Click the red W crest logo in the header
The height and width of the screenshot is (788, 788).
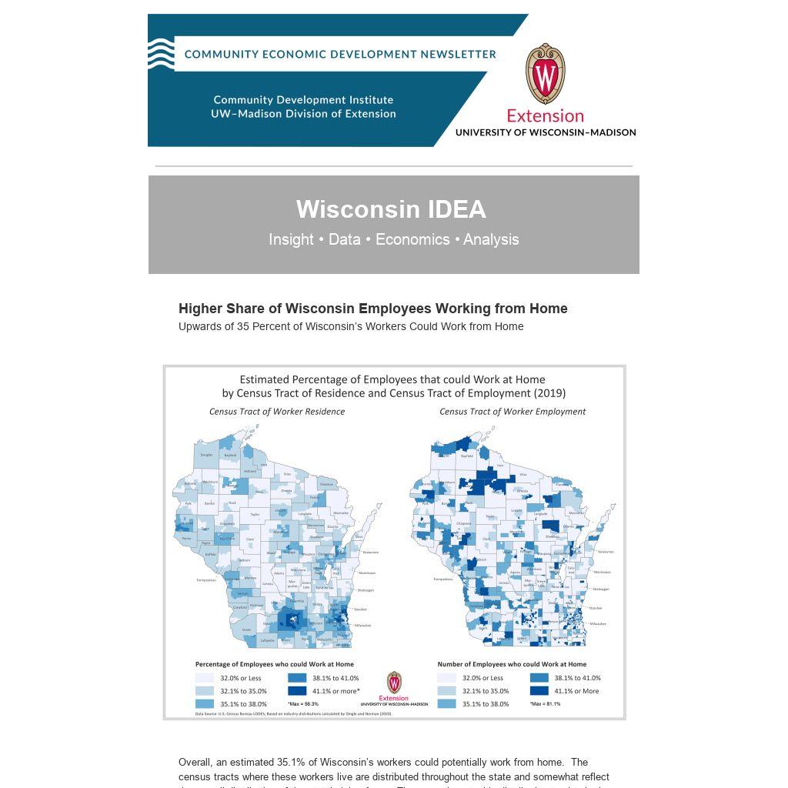[546, 74]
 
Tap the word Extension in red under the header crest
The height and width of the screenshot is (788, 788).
[545, 116]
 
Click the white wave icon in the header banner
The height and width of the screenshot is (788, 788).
[161, 54]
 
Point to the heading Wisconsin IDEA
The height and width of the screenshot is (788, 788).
[391, 209]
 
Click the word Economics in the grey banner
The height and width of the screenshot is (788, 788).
[412, 239]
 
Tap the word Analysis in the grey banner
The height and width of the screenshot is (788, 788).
[491, 239]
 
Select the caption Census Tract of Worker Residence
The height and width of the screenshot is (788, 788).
[277, 412]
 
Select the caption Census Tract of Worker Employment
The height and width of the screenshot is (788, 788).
[513, 412]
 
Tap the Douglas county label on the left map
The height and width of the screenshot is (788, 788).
[206, 455]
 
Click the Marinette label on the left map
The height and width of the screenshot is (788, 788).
[341, 512]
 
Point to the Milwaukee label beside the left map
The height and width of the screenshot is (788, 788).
[362, 625]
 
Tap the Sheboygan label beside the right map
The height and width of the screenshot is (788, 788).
[601, 589]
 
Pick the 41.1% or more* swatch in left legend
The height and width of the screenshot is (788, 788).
[297, 691]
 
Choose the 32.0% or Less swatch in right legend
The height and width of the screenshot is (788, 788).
[446, 678]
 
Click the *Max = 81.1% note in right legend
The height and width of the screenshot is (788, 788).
[545, 703]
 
